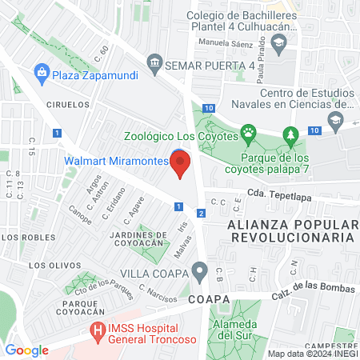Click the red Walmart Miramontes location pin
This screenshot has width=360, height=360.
point(181,165)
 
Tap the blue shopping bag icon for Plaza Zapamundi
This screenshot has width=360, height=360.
point(41,74)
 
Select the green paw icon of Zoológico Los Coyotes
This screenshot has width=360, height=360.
point(249,135)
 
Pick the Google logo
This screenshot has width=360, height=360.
point(27,350)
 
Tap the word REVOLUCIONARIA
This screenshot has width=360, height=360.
point(290,238)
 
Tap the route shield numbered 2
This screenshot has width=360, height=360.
point(202,213)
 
